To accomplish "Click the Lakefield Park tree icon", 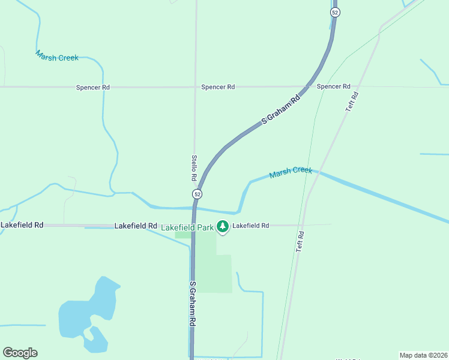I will pos(223,226).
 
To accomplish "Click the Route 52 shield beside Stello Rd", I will pos(197,194).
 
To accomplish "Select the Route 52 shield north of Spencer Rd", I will pos(335,12).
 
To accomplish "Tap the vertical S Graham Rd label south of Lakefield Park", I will pos(193,304).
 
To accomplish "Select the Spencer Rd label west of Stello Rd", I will pos(93,87).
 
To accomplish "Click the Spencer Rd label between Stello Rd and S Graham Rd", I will pos(218,87).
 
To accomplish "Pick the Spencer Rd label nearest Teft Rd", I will pos(333,86).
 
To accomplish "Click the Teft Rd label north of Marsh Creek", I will pos(353,101).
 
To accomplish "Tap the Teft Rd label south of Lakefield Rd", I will pos(301,241).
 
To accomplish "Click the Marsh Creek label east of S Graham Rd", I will pos(291,172).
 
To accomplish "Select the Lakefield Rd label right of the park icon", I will pos(251,226).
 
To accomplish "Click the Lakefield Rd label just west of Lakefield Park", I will pos(136,226).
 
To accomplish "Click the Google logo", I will pos(20,353).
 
